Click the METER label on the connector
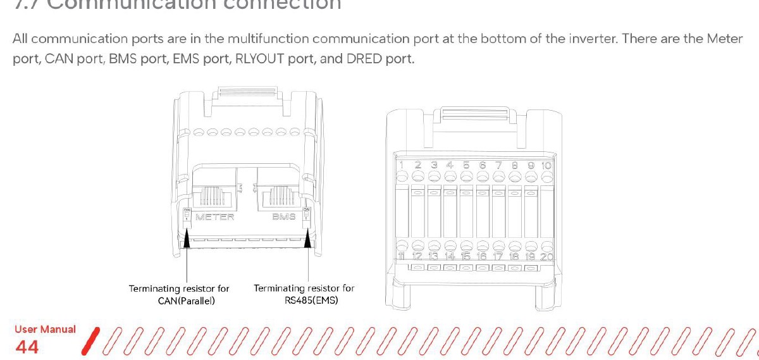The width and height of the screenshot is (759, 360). (215, 217)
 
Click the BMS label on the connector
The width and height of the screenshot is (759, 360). (284, 217)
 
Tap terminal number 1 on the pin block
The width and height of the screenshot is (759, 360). (402, 165)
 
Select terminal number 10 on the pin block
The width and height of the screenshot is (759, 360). (546, 165)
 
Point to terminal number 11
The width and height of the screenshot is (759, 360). (402, 256)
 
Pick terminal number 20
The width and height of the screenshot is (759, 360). (546, 256)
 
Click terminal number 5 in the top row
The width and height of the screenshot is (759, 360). (466, 165)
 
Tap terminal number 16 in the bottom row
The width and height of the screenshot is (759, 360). (482, 256)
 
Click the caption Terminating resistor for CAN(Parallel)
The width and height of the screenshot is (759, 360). (179, 294)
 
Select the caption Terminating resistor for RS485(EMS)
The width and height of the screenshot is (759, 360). (304, 294)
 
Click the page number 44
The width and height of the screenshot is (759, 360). (27, 347)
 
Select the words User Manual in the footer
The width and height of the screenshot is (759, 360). (45, 330)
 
